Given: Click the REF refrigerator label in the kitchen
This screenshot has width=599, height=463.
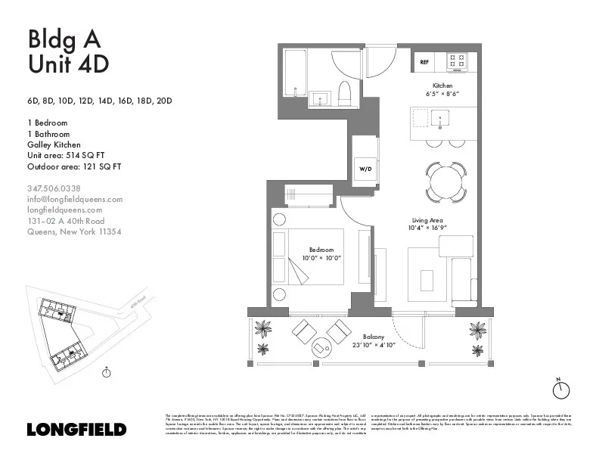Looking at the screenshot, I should click(x=424, y=62).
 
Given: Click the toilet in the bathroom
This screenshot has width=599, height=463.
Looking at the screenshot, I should click(x=345, y=92).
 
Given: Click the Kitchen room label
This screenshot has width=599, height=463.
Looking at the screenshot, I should click(x=442, y=85).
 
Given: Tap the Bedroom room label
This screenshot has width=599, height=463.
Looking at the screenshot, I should click(x=321, y=250).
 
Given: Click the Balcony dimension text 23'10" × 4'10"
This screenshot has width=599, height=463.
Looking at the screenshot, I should click(x=374, y=345).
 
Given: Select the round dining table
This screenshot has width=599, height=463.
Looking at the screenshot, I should click(x=445, y=182).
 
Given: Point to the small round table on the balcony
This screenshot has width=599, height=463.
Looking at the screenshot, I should click(x=321, y=347).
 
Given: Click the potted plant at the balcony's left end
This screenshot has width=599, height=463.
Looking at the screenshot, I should click(x=264, y=329).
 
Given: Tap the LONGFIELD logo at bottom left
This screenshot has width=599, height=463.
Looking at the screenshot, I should click(x=76, y=430).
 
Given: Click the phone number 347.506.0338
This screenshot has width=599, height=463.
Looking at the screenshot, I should click(x=54, y=188).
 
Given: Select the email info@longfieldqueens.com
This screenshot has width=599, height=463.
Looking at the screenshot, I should click(x=74, y=199).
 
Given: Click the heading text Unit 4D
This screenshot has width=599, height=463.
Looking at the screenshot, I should click(x=68, y=64).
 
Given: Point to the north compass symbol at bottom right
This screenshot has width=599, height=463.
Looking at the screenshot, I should click(x=560, y=389).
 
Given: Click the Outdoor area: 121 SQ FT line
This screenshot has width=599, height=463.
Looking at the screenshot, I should click(x=74, y=166).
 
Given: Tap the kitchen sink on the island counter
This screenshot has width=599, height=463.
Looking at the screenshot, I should click(x=440, y=118).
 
